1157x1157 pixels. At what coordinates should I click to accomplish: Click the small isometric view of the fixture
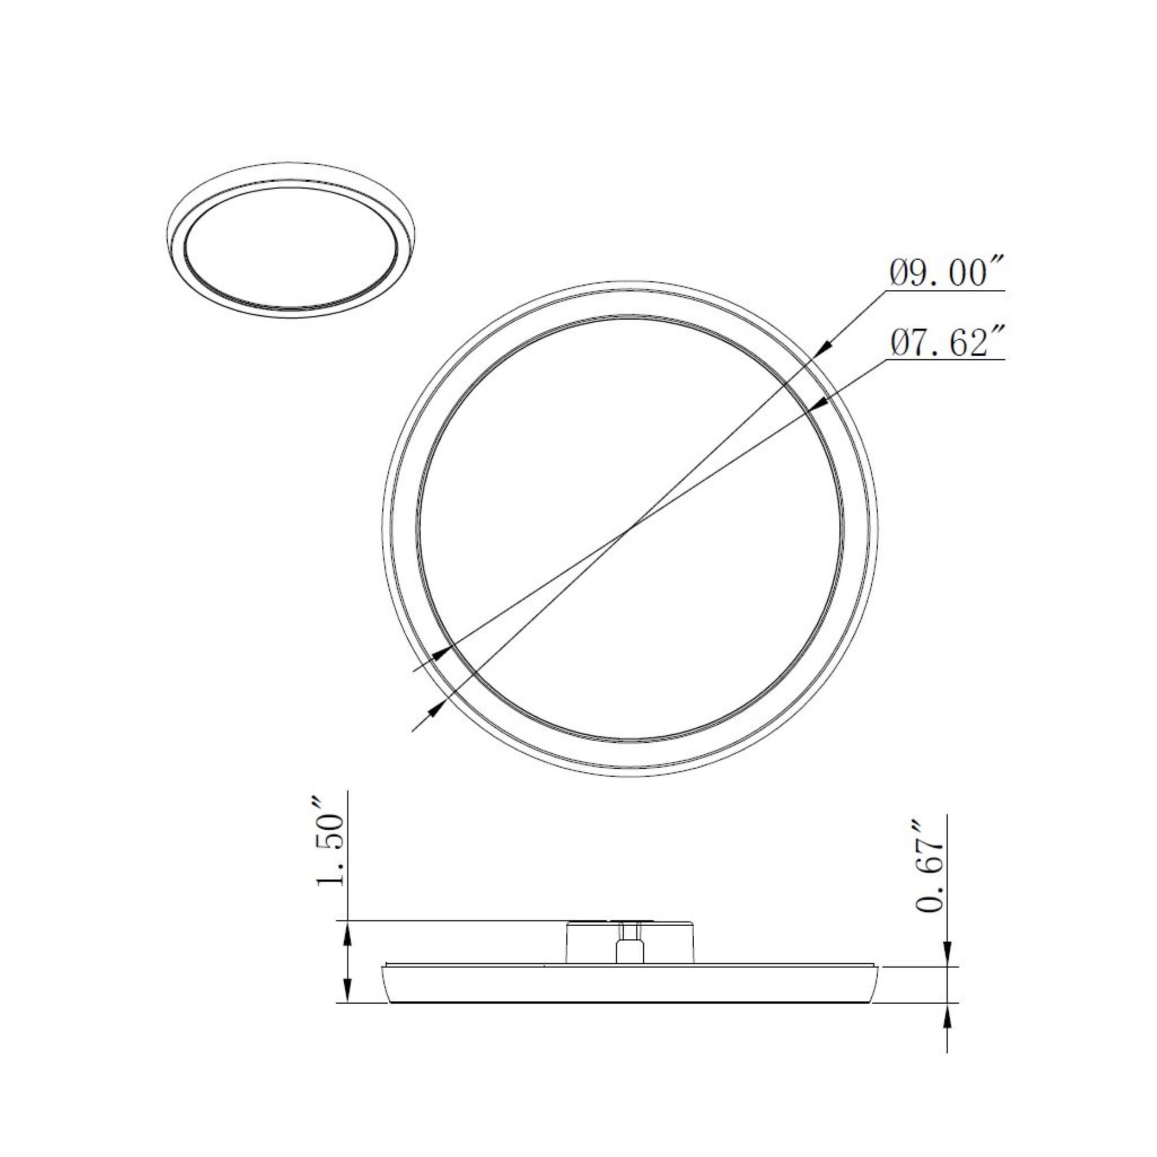pyautogui.click(x=290, y=239)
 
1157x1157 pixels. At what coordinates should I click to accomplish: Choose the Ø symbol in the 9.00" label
pyautogui.click(x=898, y=274)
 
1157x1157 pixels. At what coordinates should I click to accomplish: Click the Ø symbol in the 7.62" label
pyautogui.click(x=898, y=344)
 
